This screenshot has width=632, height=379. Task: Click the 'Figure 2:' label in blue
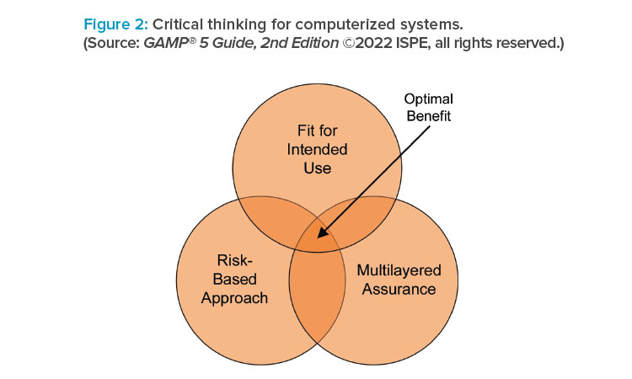pos(116,25)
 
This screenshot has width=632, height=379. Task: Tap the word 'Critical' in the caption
pos(178,24)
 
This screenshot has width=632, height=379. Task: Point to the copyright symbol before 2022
pos(348,43)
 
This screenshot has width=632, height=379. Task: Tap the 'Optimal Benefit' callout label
pos(428,108)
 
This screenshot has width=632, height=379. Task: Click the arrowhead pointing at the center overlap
pos(322,232)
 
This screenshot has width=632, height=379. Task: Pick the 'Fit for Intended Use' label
pos(317,149)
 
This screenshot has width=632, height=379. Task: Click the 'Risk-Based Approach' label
pos(234,279)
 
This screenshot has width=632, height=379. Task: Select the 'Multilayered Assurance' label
pos(399,280)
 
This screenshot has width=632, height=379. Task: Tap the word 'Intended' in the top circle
pos(317,149)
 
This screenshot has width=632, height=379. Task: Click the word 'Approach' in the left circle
pos(234,298)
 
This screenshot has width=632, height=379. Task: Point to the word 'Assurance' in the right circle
pos(399,289)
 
